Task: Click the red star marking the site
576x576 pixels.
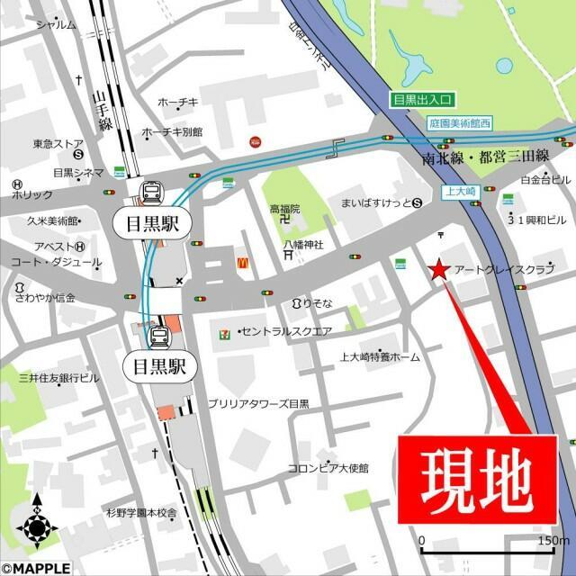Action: [438, 269]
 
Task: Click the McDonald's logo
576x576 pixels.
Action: [242, 263]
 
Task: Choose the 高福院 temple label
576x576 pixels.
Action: [284, 209]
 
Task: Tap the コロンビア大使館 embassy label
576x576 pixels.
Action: [328, 468]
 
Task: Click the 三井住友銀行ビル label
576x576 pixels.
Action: [59, 378]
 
